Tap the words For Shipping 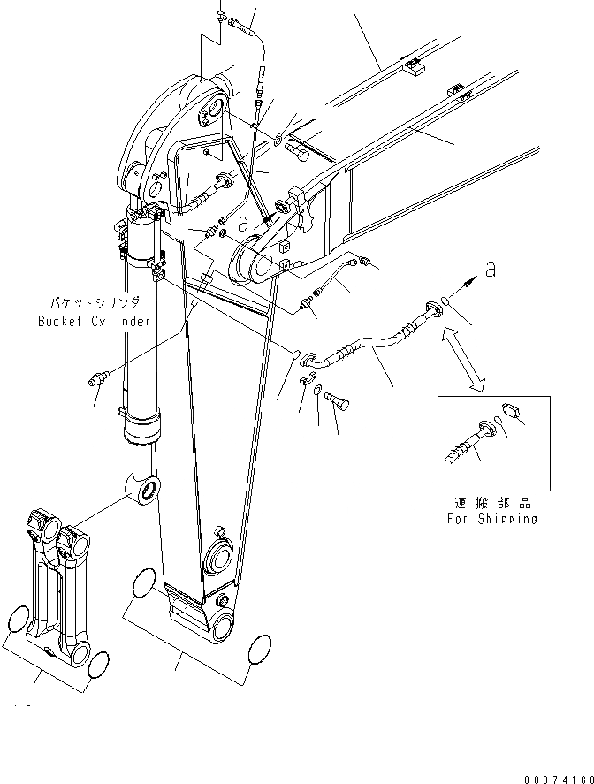point(491,519)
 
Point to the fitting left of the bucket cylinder point(99,381)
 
